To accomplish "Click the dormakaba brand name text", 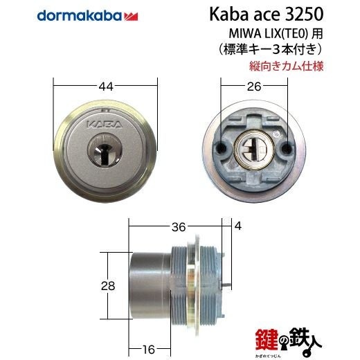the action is [79, 16].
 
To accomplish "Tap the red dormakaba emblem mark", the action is [131, 17].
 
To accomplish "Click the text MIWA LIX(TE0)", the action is [269, 34].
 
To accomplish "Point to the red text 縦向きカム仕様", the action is [286, 66].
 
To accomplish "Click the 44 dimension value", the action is [106, 87].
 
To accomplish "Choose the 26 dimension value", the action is [254, 87].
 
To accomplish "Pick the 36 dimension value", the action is [179, 227].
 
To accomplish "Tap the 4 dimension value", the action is [238, 226].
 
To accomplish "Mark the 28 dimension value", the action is [108, 286].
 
